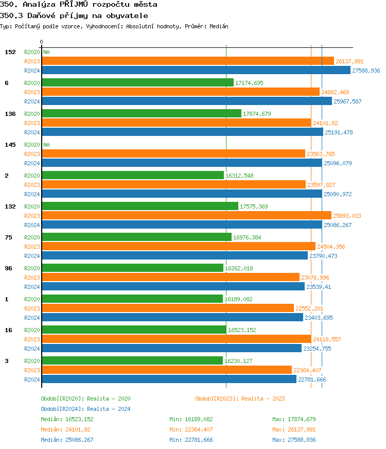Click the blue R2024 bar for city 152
point(196,71)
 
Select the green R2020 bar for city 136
point(142,114)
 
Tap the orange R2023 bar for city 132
point(186,216)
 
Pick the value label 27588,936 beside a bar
point(366,71)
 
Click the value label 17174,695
point(249,83)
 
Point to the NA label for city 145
point(46,145)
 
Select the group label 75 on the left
point(8,237)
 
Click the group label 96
point(8,268)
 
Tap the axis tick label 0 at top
point(42,42)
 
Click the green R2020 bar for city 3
point(132,361)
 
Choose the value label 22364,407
point(307,370)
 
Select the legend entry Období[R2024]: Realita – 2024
point(85,409)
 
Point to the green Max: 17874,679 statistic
point(294,419)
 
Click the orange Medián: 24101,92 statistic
point(65,429)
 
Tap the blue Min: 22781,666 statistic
point(191,440)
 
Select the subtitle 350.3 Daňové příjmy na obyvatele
point(74,15)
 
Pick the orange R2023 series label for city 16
point(32,339)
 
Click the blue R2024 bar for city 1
point(172,318)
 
